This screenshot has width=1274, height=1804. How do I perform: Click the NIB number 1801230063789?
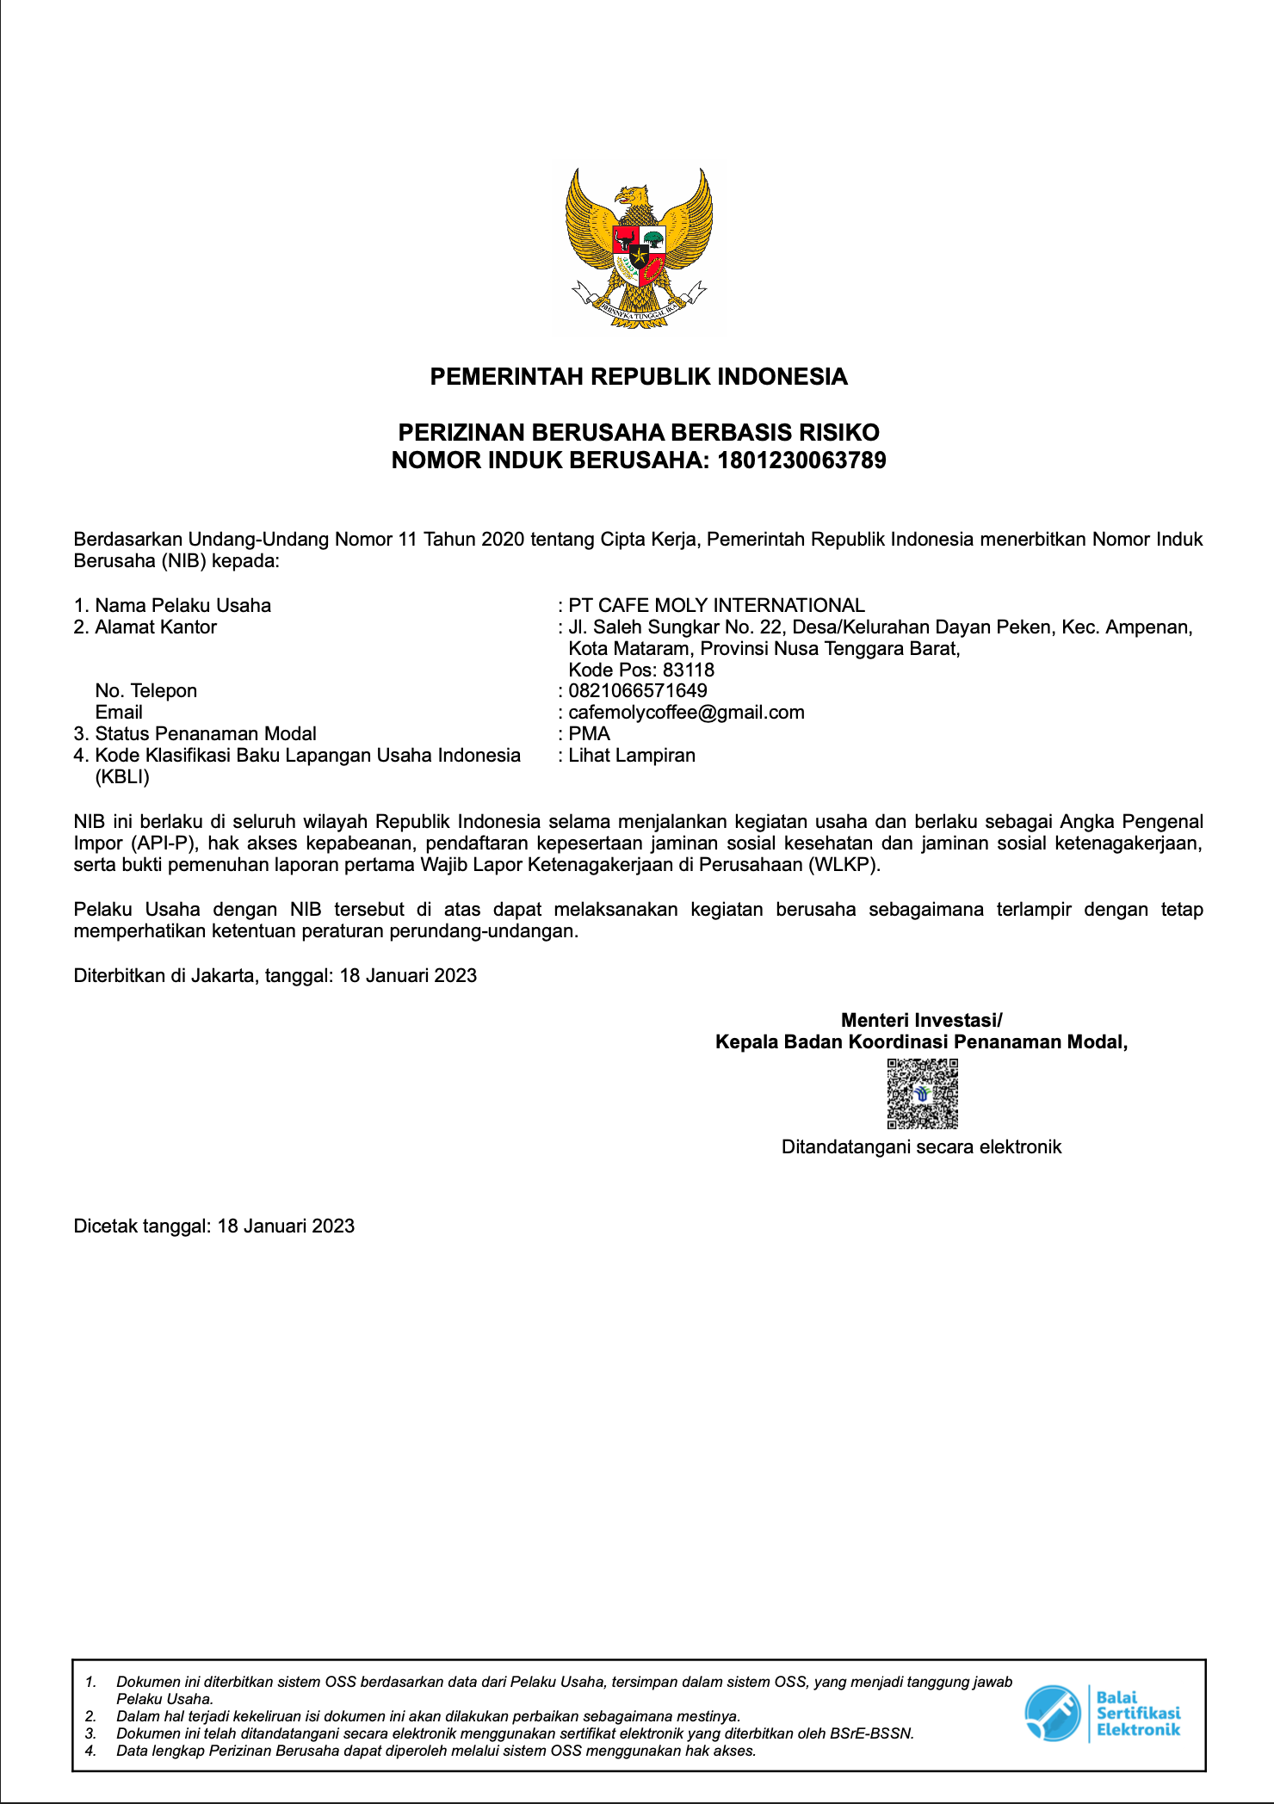tap(801, 460)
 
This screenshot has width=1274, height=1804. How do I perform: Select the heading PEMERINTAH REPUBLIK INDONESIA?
tap(639, 377)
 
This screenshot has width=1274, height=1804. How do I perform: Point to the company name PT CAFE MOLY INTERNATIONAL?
tap(716, 605)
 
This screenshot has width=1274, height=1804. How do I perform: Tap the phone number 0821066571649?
tap(638, 690)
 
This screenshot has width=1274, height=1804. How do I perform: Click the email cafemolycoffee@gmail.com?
tap(686, 712)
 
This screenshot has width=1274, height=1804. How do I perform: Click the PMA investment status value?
tap(590, 733)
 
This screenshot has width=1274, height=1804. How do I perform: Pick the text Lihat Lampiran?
tap(632, 755)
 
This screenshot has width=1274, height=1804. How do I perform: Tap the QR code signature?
tap(922, 1093)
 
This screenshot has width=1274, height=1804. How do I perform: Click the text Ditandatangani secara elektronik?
tap(921, 1146)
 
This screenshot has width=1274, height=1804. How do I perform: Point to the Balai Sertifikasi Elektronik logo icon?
tap(1052, 1713)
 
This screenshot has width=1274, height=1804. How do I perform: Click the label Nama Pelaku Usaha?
tap(182, 605)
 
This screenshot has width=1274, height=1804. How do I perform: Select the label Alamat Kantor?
tap(156, 627)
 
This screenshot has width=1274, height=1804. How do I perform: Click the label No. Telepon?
tap(146, 690)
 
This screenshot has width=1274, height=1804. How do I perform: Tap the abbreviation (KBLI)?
tap(122, 777)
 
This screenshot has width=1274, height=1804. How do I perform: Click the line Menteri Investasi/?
tap(921, 1020)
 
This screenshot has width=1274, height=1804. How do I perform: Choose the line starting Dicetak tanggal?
tap(214, 1226)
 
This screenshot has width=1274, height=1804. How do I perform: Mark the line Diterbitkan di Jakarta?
tap(275, 975)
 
